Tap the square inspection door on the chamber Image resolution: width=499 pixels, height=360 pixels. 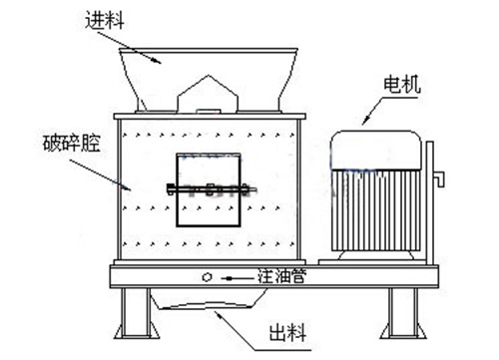[206, 188]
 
